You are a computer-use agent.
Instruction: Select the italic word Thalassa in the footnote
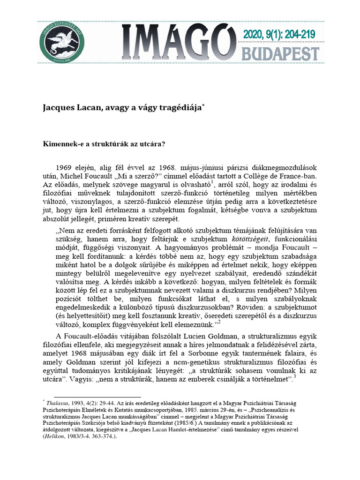point(58,403)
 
